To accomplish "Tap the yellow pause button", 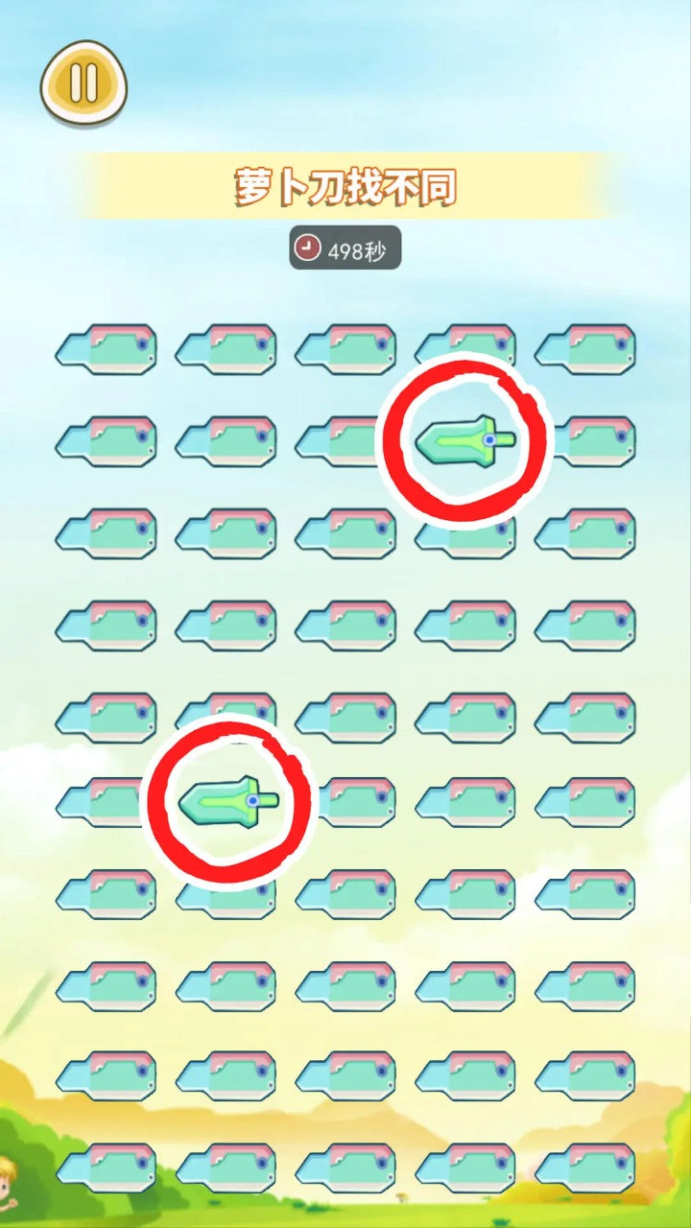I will click(83, 83).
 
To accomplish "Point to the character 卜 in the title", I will click(293, 188).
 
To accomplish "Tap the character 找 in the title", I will click(369, 188).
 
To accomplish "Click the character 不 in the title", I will click(406, 188).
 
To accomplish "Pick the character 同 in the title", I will click(441, 188).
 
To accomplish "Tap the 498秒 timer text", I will click(357, 251).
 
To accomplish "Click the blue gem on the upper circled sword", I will click(489, 439).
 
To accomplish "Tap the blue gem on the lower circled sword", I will click(252, 799).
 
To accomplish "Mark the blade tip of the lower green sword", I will click(182, 804).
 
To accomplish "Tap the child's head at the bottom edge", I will click(8, 1175).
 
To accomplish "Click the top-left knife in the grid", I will click(106, 347).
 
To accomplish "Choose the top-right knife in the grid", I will click(585, 347).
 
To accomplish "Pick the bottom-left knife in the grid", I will click(106, 1167).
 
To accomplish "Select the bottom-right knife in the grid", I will click(585, 1167).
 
